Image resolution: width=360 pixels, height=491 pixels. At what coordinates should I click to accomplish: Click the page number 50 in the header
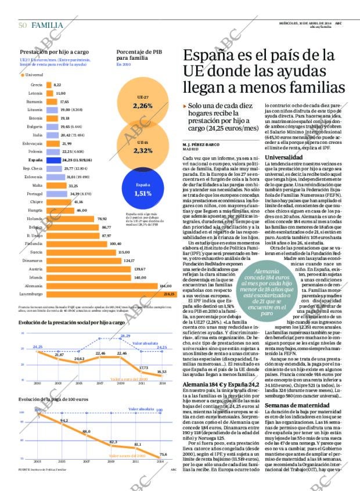pyautogui.click(x=22, y=25)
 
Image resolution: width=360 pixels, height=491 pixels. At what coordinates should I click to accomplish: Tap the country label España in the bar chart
pyautogui.click(x=35, y=160)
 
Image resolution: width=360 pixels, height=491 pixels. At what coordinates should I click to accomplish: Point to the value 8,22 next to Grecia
pyautogui.click(x=57, y=85)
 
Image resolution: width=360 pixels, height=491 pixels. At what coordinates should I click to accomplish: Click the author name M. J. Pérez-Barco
pyautogui.click(x=200, y=144)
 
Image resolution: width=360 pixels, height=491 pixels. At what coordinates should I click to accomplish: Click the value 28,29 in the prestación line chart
pyautogui.click(x=125, y=336)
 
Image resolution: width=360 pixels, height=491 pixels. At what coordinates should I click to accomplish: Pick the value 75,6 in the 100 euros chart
pyautogui.click(x=163, y=454)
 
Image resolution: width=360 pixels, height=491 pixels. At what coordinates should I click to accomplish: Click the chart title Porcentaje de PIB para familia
pyautogui.click(x=139, y=55)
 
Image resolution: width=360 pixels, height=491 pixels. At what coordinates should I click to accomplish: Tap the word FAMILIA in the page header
pyautogui.click(x=48, y=25)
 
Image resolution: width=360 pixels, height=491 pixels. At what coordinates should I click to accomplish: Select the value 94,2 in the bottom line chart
pyautogui.click(x=64, y=420)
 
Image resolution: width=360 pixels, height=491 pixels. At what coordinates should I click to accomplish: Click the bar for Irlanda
pyautogui.click(x=93, y=277)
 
